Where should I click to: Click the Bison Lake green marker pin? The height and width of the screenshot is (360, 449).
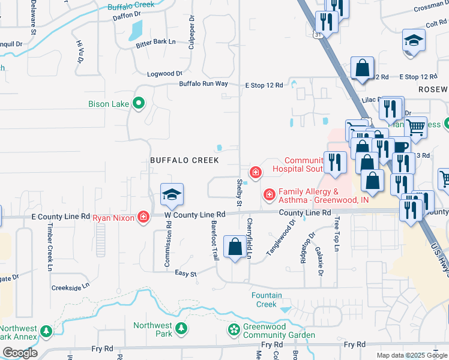click(139, 104)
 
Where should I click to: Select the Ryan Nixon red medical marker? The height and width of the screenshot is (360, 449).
click(143, 217)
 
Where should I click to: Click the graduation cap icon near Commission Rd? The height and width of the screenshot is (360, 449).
click(172, 195)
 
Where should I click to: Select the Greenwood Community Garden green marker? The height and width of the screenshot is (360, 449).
click(233, 330)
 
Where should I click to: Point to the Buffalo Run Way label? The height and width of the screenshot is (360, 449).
click(203, 84)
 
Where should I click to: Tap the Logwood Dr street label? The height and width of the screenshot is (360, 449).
click(165, 74)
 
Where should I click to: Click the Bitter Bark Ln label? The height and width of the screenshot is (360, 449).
click(155, 42)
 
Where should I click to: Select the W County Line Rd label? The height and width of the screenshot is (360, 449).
click(195, 214)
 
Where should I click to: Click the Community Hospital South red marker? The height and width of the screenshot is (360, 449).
click(256, 173)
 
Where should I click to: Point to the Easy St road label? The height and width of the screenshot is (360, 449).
click(185, 274)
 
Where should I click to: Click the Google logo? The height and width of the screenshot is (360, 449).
click(20, 353)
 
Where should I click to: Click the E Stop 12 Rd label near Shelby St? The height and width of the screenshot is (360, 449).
click(264, 85)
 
